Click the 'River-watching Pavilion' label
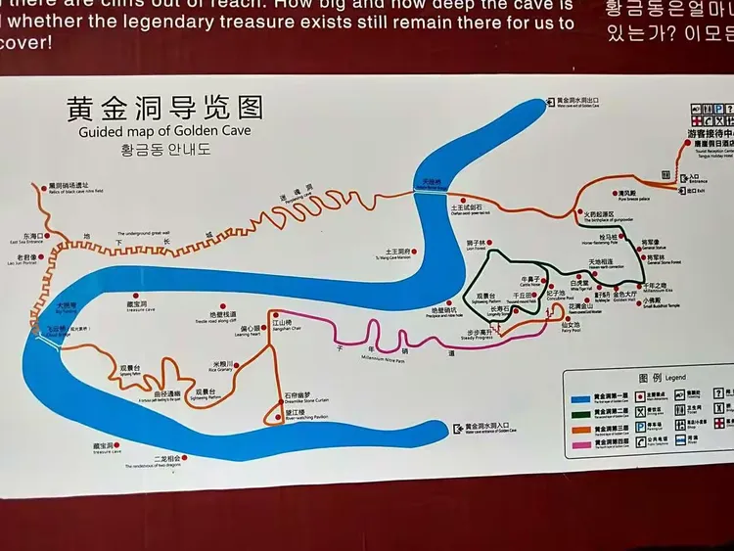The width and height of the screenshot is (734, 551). (x=307, y=419)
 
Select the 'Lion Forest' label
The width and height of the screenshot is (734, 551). (x=477, y=248)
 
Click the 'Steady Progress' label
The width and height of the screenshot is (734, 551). (x=481, y=338)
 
